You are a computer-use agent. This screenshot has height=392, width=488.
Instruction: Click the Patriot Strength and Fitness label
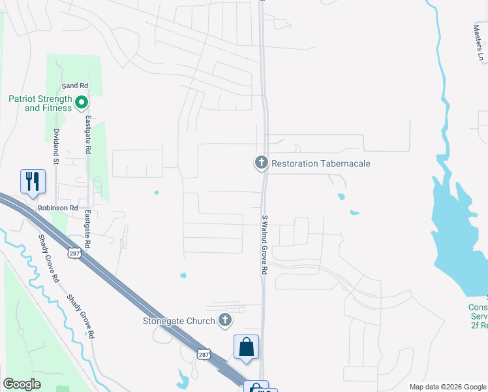pos(39,103)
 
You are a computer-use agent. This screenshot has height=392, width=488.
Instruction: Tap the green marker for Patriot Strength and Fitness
pos(82,102)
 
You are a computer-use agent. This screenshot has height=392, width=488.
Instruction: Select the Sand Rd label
pos(74,86)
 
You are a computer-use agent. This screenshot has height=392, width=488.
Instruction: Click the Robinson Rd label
pos(58,208)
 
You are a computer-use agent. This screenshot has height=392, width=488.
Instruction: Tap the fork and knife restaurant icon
pos(33,181)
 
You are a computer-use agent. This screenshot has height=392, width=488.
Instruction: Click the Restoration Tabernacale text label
pos(320,163)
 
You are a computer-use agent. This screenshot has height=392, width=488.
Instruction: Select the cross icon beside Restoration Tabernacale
pos(262,163)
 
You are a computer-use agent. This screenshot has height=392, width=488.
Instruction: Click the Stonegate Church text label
pos(179,321)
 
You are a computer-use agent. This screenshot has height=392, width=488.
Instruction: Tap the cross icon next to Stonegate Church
pos(225,320)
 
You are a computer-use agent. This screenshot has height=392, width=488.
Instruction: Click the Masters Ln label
pos(477,42)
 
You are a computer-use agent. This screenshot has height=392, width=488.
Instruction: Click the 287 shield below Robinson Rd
pos(76,253)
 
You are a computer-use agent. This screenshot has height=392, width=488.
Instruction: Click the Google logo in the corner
pos(22,384)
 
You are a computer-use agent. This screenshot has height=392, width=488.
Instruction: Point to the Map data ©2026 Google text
pos(447,387)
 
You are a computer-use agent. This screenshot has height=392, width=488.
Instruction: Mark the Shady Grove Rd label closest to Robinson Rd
pos(48,257)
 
